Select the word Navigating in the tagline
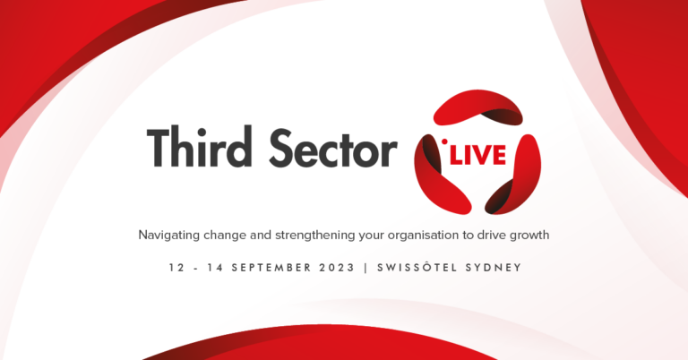[172, 235]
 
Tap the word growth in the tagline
[528, 236]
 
